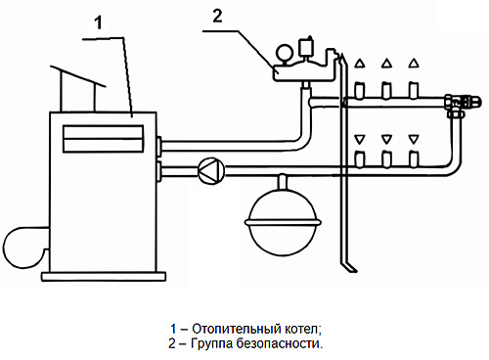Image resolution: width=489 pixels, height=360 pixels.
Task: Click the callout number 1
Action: coord(98,22)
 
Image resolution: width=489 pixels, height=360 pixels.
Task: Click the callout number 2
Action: coord(217,16)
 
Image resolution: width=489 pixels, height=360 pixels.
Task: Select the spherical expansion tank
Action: coord(283,222)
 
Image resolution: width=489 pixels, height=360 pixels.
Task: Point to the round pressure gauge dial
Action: coord(283,52)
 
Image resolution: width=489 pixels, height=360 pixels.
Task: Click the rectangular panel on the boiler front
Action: coord(103,139)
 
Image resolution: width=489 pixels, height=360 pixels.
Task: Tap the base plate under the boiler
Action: coord(104,277)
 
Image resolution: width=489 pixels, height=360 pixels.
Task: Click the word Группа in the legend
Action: coord(211,344)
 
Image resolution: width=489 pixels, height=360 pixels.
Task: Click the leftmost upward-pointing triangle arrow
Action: coord(359,63)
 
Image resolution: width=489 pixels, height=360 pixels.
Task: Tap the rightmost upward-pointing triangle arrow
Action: coord(414,63)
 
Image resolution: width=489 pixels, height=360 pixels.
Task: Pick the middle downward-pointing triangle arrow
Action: coord(386,139)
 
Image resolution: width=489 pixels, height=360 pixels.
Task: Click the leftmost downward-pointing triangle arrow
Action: coord(359,139)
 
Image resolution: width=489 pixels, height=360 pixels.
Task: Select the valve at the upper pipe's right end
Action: coord(462,102)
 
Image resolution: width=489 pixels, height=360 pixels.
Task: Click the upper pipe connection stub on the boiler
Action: coord(158,146)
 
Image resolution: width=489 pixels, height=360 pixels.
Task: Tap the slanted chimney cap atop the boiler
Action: coord(77,76)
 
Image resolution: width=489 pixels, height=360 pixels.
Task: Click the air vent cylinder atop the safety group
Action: coord(306,47)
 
